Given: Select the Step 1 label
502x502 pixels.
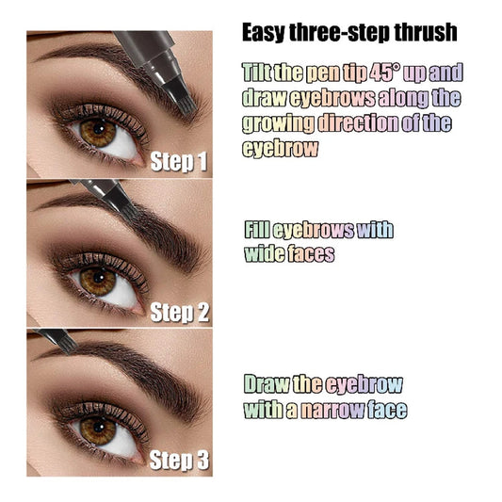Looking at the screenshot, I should pyautogui.click(x=179, y=162).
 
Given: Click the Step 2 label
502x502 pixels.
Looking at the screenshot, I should pyautogui.click(x=179, y=312).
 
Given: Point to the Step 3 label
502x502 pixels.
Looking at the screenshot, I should pyautogui.click(x=179, y=461).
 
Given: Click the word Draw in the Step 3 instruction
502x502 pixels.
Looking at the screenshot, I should pyautogui.click(x=267, y=385).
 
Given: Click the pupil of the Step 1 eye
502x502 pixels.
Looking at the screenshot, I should pyautogui.click(x=97, y=131).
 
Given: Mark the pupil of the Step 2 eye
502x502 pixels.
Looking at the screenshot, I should pyautogui.click(x=95, y=280).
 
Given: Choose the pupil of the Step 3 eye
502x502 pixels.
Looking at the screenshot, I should pyautogui.click(x=95, y=429).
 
